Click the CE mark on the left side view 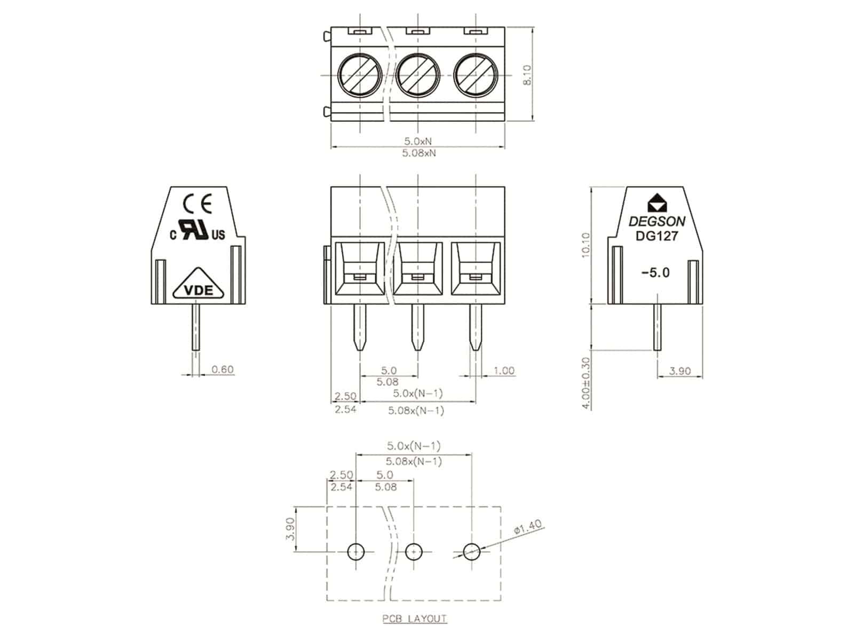click(x=198, y=203)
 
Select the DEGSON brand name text click(x=657, y=221)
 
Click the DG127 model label click(x=657, y=236)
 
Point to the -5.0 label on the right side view click(x=655, y=272)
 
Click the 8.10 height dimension click(x=527, y=75)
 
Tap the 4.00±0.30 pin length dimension click(x=586, y=382)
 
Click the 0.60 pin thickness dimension click(x=223, y=369)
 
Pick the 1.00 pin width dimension click(x=504, y=370)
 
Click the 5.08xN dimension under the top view click(x=418, y=153)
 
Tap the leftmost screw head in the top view click(x=360, y=75)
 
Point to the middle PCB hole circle click(x=414, y=551)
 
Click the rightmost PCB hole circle click(x=472, y=551)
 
